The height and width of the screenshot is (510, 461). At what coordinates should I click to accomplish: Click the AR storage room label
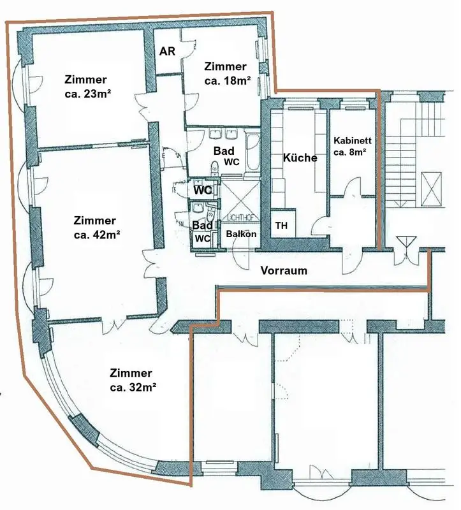click(x=167, y=52)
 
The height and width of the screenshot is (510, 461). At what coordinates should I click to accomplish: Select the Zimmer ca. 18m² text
click(x=226, y=73)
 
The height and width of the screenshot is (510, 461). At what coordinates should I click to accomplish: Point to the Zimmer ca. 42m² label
click(x=95, y=227)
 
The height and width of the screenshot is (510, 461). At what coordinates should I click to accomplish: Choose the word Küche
click(x=300, y=157)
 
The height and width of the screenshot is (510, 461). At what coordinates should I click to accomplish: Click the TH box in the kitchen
click(x=281, y=225)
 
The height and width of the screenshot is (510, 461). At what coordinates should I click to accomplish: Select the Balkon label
click(x=242, y=234)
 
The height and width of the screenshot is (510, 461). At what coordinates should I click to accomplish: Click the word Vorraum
click(x=284, y=270)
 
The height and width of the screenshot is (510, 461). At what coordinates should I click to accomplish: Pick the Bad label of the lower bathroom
click(x=202, y=226)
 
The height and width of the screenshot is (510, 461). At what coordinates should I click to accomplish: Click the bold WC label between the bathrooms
click(x=203, y=190)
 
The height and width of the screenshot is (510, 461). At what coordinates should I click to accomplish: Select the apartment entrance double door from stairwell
click(x=404, y=249)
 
